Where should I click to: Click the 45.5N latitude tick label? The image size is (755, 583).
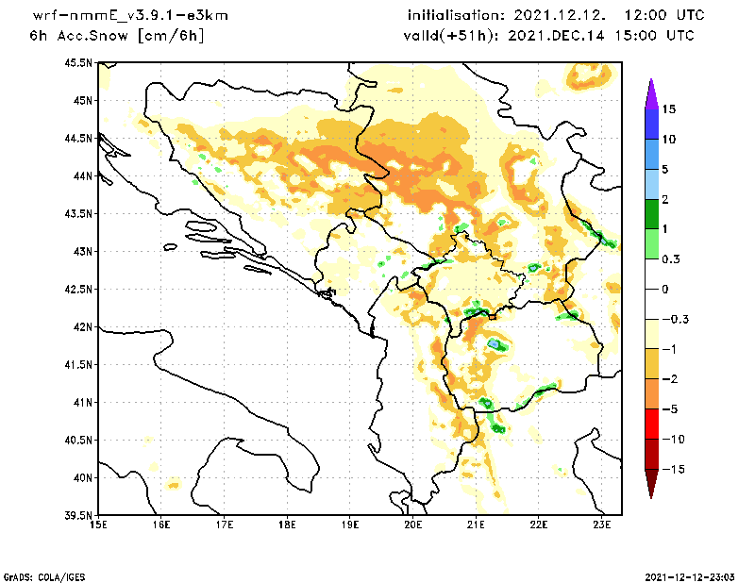click(77, 62)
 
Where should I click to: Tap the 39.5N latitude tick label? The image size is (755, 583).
click(77, 515)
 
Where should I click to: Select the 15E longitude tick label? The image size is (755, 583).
click(97, 525)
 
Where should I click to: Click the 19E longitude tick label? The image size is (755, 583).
click(350, 525)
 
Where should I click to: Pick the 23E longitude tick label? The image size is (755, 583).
click(602, 525)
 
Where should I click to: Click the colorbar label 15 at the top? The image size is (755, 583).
click(668, 108)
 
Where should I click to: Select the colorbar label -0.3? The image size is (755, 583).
click(674, 319)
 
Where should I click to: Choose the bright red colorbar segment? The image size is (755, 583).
click(651, 424)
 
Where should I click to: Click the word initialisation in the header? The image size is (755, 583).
click(457, 16)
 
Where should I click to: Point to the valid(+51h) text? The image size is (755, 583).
click(444, 36)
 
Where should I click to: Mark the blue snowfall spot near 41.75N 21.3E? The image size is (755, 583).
click(494, 345)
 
